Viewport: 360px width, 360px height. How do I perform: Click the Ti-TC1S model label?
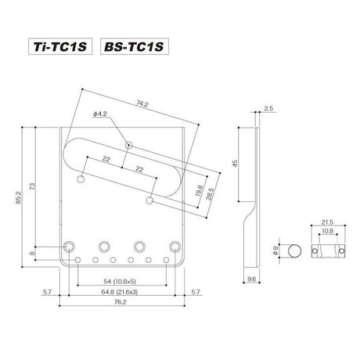[61, 46]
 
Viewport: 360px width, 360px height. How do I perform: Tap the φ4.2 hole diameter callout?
[99, 116]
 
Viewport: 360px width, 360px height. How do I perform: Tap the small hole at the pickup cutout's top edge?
[128, 145]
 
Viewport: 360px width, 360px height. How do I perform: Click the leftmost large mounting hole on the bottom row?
[71, 246]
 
